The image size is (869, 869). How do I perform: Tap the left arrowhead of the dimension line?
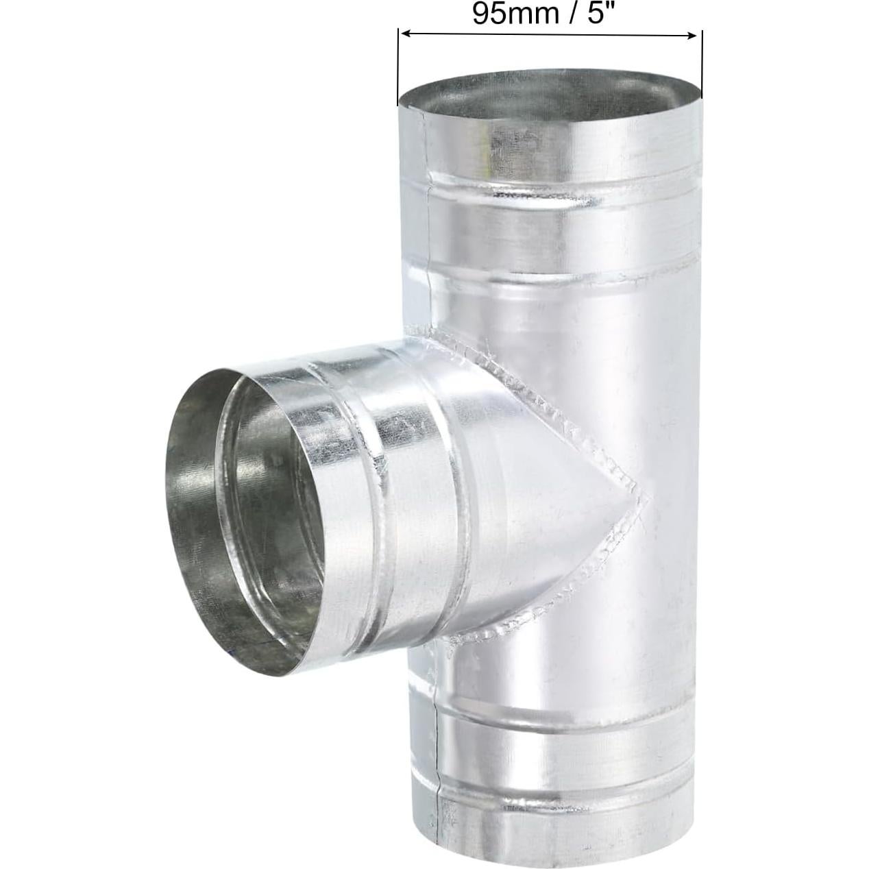(x=404, y=33)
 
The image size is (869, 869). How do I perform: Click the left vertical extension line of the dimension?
(x=398, y=69)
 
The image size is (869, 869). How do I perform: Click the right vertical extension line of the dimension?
(x=702, y=62)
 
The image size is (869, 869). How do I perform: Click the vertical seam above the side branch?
(x=428, y=240)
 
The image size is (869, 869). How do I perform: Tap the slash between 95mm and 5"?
(x=574, y=14)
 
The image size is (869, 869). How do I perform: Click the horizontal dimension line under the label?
(x=548, y=33)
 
